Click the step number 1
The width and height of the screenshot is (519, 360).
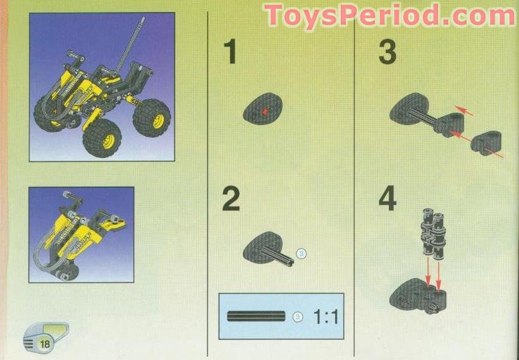pos(229,52)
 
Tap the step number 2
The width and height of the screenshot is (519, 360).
pos(231,199)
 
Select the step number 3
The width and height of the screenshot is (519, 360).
pos(387,52)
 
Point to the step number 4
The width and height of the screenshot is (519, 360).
pos(388,199)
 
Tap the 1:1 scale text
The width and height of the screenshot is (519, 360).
pos(326,317)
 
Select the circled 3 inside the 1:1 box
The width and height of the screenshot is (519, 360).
pos(297,317)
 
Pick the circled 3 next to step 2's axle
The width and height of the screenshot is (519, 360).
pos(302,253)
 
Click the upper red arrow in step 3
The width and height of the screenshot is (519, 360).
pos(465,111)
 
